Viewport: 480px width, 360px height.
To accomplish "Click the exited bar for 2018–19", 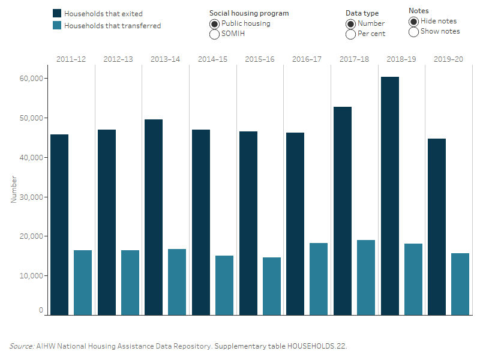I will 389,196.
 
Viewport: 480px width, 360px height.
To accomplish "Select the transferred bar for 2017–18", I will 365,277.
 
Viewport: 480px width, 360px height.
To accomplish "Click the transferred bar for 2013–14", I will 177,282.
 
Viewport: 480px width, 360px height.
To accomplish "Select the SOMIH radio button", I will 214,34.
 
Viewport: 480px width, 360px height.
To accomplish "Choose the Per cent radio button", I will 351,34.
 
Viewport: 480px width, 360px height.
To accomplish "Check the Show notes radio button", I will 413,32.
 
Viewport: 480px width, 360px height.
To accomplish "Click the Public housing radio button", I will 214,24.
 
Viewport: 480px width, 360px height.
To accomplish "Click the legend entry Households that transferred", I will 112,26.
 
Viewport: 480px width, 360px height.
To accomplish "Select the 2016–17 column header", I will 307,59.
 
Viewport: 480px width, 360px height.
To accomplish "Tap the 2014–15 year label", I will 212,59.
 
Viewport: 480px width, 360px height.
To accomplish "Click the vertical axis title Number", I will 13,190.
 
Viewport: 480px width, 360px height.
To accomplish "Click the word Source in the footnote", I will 21,346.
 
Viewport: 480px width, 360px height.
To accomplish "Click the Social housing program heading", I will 249,13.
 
